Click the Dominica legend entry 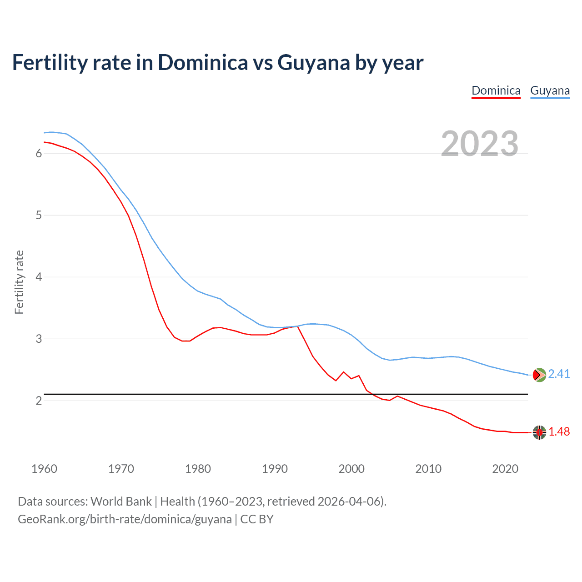(x=496, y=90)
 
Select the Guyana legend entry (x=550, y=90)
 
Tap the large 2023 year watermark (x=480, y=144)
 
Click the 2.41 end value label (x=559, y=374)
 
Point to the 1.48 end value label (x=559, y=431)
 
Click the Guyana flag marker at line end (x=539, y=375)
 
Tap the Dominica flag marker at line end (x=539, y=432)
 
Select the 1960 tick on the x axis (x=44, y=469)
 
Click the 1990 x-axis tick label (x=275, y=469)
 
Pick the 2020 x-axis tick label (x=505, y=469)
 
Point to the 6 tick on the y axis (x=39, y=154)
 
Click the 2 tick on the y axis (x=39, y=401)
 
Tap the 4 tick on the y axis (x=39, y=277)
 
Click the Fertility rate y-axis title (x=19, y=282)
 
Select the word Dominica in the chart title (x=203, y=62)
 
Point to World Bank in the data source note (x=121, y=502)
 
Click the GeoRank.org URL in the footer (x=125, y=519)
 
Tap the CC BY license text (x=257, y=519)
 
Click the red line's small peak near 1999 (x=344, y=372)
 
